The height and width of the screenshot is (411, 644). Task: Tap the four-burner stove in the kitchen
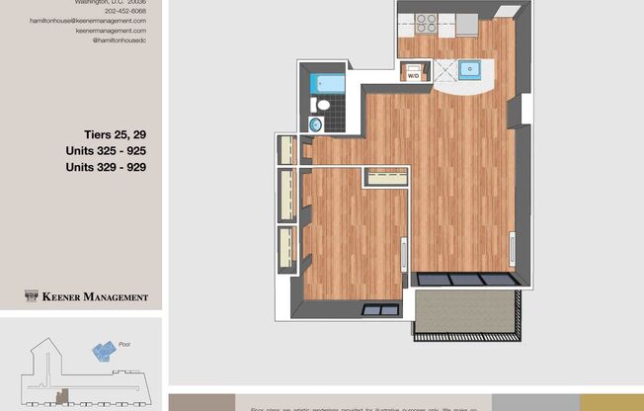coord(427,23)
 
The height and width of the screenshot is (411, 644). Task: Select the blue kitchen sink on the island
coord(471,70)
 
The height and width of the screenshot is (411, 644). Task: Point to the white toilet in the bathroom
coord(321,105)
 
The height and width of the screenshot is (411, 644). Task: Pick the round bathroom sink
coord(316,124)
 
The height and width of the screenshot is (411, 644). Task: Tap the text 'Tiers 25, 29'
coord(115,133)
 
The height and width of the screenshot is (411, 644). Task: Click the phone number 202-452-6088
coord(124,11)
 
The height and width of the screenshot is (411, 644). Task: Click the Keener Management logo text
coord(95,296)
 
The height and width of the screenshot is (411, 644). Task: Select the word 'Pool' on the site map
coord(124,344)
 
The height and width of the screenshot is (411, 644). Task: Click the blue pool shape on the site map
coord(104,351)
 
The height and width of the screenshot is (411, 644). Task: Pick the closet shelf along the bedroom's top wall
coord(385,177)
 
